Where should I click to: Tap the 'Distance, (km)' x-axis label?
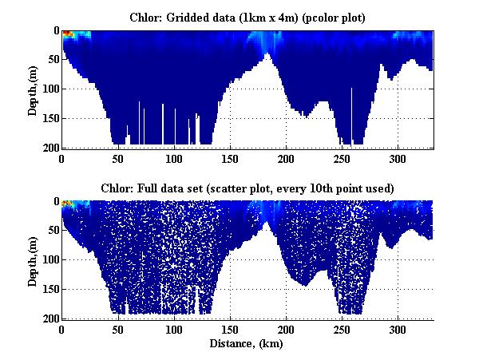tap(247, 344)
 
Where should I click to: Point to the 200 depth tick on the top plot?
tap(49, 148)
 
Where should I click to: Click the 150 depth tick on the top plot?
tap(49, 118)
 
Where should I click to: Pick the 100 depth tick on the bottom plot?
tap(49, 259)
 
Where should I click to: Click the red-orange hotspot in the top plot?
tap(68, 34)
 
